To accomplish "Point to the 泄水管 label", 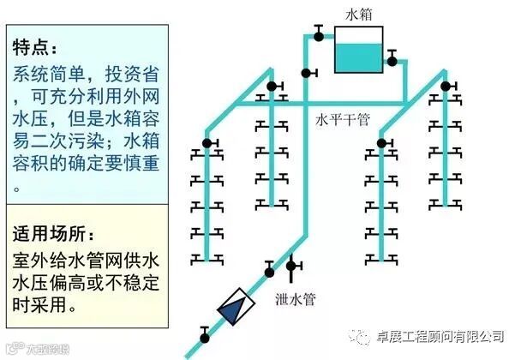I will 296,299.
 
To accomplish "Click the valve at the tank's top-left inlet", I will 318,35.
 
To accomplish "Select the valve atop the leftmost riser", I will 207,141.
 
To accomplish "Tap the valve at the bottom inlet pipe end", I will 203,331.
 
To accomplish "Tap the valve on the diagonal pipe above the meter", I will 269,272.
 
